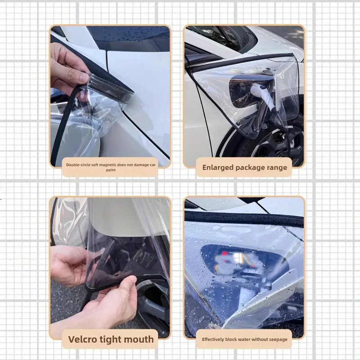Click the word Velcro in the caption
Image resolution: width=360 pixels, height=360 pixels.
(82, 339)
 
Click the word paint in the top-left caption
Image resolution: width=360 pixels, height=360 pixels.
(111, 170)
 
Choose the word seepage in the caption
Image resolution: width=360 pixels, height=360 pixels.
(279, 340)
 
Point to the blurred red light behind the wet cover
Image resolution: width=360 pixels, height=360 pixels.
(225, 253)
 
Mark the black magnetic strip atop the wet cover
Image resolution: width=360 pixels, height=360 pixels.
(244, 219)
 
